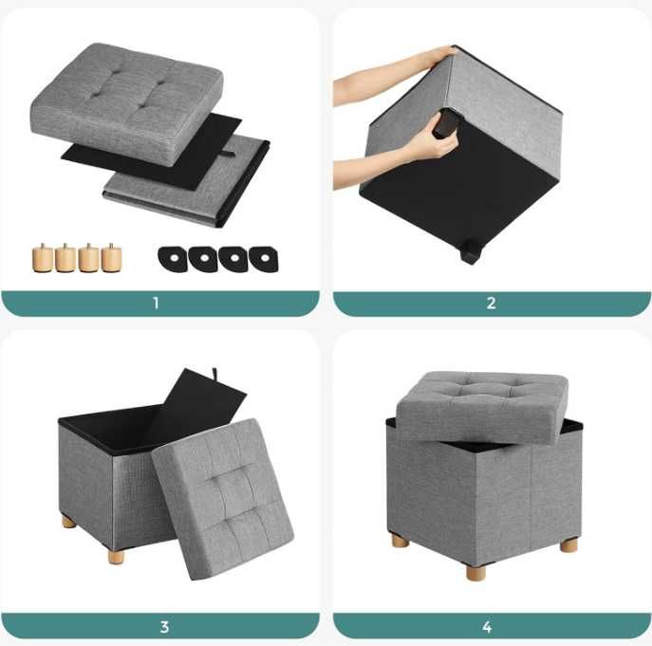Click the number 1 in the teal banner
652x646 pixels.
coord(156,303)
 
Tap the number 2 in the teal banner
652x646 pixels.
coord(491,303)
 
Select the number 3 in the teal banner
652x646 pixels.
coord(164,626)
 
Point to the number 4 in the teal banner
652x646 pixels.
coord(487,626)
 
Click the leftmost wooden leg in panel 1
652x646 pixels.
coord(42,258)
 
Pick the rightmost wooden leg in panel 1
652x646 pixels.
coord(111,258)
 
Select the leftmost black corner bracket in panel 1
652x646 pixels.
coord(173,259)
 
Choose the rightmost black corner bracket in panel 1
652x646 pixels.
coord(264,259)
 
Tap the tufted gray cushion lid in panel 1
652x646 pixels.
coord(127,104)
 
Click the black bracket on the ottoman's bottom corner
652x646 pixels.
coord(471,252)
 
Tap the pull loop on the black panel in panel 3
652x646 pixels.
coord(215,373)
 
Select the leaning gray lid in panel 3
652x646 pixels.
coord(222,499)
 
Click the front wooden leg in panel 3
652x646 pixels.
coord(116,556)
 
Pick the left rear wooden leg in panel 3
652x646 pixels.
coord(69,522)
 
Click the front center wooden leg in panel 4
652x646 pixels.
coord(475,571)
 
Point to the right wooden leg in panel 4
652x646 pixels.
coord(568,545)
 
